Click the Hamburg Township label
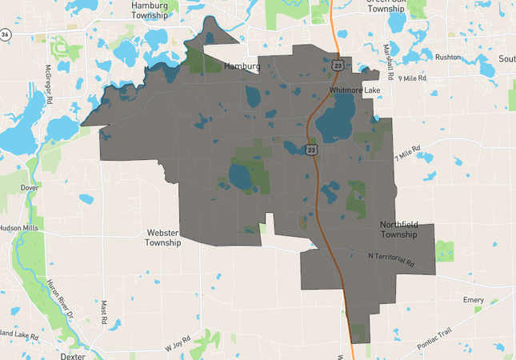150,10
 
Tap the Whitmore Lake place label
354,91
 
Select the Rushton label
448,58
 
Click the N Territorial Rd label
391,259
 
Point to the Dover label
30,188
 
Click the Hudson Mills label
18,227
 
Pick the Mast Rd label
104,311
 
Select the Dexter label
73,357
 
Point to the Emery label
474,300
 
